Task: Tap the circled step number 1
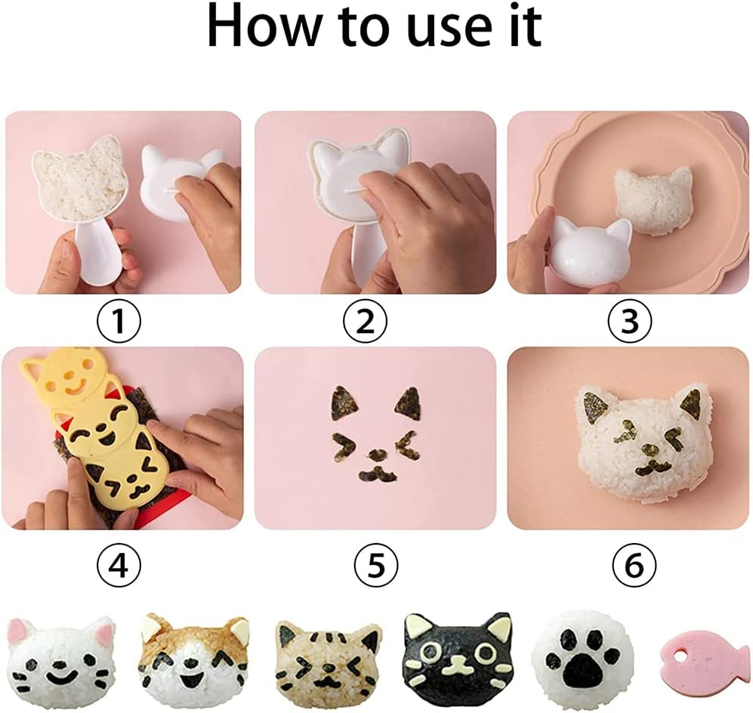(x=119, y=323)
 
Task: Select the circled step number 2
(x=365, y=323)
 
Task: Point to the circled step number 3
(x=630, y=323)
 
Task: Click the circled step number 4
(x=119, y=564)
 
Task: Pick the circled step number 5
(x=375, y=564)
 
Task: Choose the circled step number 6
(x=634, y=564)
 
